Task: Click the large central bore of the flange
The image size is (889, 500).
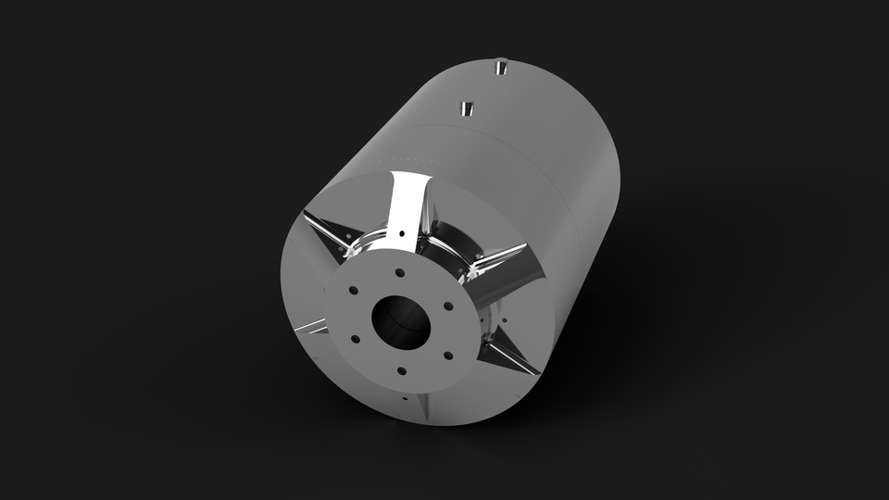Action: (401, 320)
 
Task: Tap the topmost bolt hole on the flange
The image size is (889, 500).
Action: (398, 273)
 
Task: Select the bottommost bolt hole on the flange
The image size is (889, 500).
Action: (401, 371)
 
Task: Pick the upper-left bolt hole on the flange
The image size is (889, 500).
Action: (354, 290)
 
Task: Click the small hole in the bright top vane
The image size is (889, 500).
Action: (401, 234)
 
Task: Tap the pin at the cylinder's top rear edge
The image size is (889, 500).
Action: (500, 67)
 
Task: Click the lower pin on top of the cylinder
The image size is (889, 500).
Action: (468, 107)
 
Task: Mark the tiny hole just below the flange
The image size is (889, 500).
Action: (406, 398)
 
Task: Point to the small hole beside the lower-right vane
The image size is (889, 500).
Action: (506, 320)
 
